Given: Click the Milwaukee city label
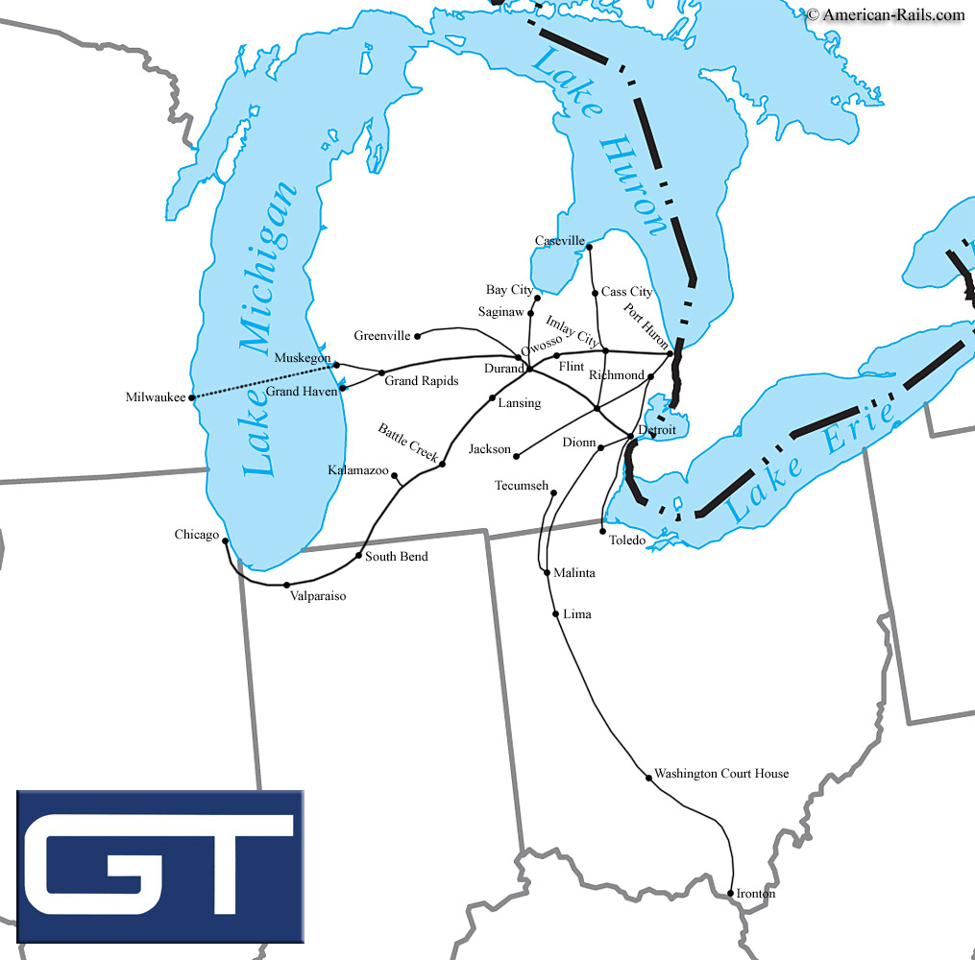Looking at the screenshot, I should point(156,397).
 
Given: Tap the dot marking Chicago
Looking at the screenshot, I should point(225,540).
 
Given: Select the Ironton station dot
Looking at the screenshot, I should point(731,894).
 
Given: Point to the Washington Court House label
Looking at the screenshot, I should point(721,774).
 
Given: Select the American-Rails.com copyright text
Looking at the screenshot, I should point(885,13).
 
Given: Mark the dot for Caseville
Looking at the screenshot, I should point(589,248).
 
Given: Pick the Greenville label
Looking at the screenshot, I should point(382,336).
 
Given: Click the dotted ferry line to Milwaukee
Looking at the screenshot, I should point(264,380).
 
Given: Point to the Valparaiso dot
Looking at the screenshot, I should point(286,585).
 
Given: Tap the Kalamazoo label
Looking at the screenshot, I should point(358,470).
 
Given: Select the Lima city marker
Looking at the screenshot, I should point(556,613).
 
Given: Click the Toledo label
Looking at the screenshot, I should point(627,540).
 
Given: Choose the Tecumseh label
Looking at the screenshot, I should point(522,486).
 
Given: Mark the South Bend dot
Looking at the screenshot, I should point(359,556).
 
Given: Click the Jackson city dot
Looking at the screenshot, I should point(518,455).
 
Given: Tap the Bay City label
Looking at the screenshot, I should point(509,290).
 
